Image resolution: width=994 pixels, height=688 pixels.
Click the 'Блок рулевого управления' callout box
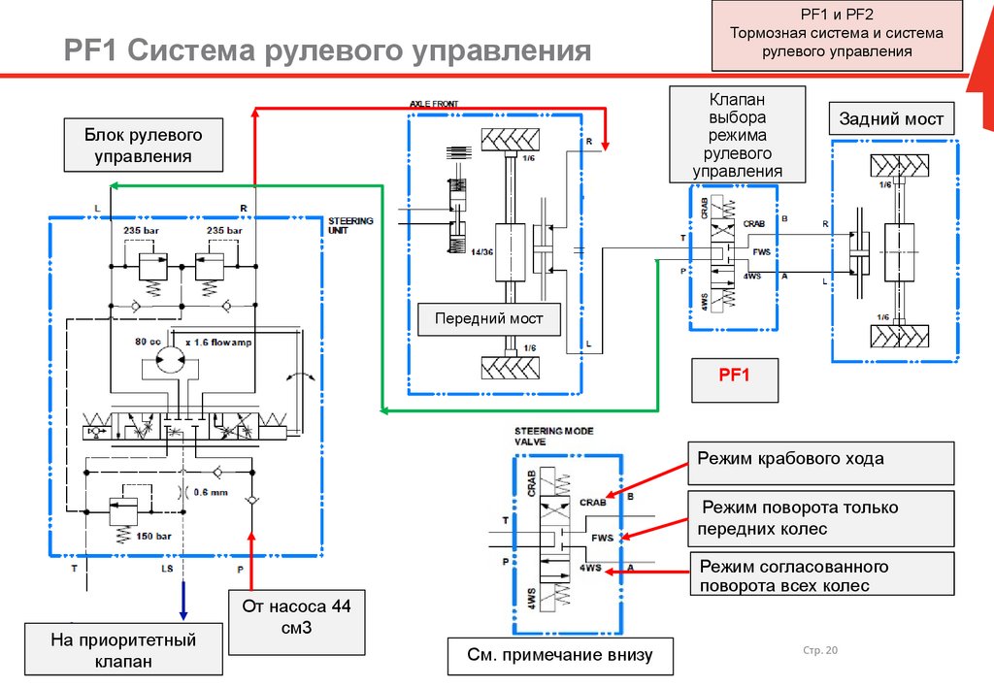pyautogui.click(x=143, y=144)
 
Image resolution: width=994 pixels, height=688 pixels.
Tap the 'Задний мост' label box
pyautogui.click(x=891, y=119)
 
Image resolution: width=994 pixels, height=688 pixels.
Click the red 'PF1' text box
pyautogui.click(x=735, y=379)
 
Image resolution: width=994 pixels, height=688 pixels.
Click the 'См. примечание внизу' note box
pyautogui.click(x=561, y=654)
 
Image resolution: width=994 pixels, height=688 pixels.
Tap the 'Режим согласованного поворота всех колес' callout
pyautogui.click(x=821, y=575)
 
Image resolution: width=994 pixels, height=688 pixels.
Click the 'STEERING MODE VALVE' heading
pyautogui.click(x=554, y=436)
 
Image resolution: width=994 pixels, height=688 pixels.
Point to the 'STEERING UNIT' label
pyautogui.click(x=350, y=226)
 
